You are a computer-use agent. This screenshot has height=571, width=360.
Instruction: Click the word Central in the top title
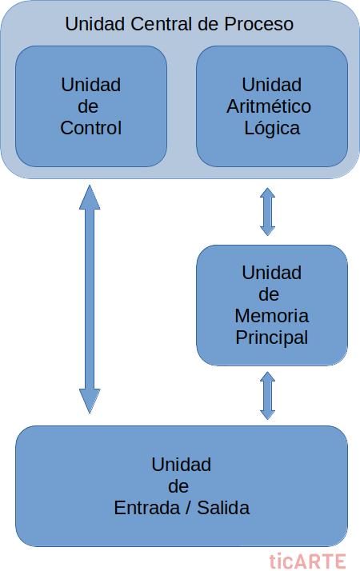[x=162, y=24]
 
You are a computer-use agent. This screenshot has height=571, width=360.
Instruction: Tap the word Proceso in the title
[x=258, y=24]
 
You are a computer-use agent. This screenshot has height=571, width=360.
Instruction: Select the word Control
[x=90, y=128]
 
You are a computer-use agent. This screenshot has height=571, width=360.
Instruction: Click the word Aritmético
[x=269, y=106]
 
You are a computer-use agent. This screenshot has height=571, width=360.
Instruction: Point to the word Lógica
[x=272, y=129]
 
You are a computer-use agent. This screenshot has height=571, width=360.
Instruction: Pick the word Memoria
[x=272, y=315]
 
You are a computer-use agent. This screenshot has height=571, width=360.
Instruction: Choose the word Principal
[x=272, y=337]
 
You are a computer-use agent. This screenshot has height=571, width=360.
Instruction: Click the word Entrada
[x=146, y=508]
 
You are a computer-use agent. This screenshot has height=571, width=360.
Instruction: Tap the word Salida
[x=223, y=508]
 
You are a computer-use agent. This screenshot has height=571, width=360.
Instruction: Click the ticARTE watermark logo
[x=308, y=561]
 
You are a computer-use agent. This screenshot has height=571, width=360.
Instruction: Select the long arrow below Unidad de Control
[x=90, y=299]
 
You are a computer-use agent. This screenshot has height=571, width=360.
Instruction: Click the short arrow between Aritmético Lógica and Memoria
[x=268, y=212]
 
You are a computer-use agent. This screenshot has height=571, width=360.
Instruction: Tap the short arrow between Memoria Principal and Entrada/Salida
[x=268, y=396]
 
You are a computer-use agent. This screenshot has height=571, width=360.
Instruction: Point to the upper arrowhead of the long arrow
[x=90, y=197]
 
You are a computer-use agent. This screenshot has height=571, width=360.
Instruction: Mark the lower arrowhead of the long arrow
[x=90, y=401]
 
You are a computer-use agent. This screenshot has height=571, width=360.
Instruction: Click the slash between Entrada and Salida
[x=188, y=508]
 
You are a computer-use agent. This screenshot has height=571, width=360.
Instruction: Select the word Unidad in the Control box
[x=90, y=85]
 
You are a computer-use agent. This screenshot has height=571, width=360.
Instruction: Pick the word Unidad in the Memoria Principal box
[x=272, y=273]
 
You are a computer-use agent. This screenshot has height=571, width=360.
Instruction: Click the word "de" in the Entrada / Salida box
[x=178, y=486]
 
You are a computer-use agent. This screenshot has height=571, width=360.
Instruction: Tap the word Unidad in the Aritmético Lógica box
[x=272, y=85]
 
